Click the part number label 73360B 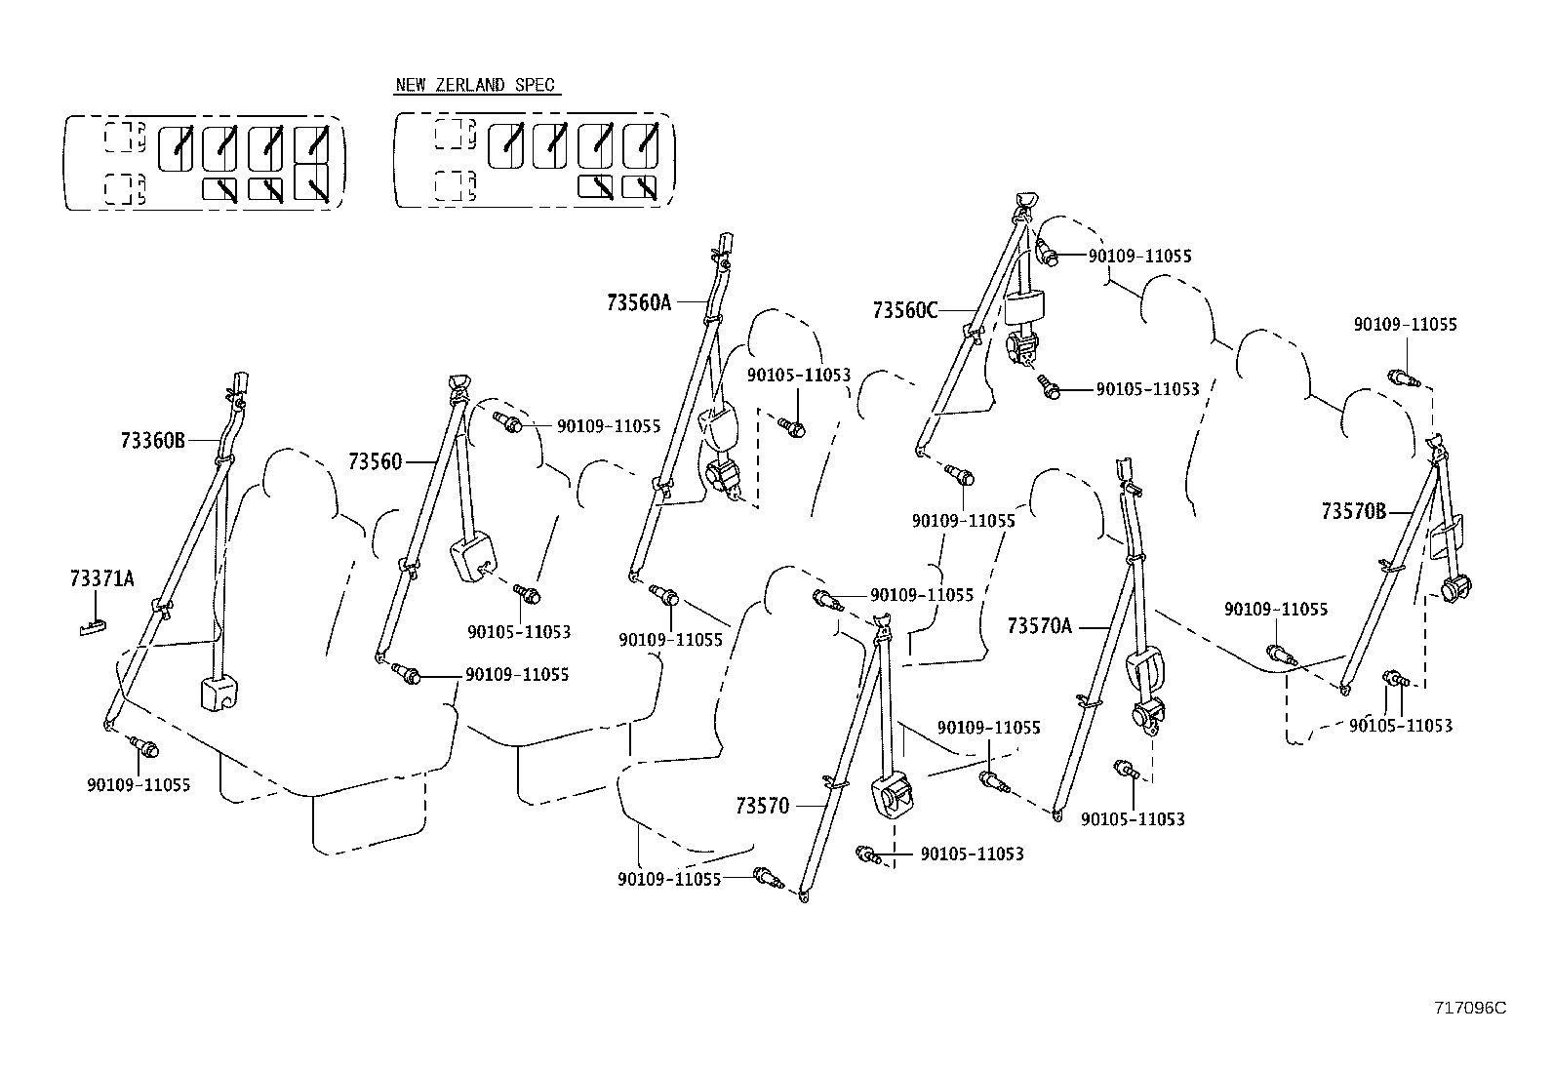[152, 440]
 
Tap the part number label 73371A [101, 579]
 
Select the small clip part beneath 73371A [91, 627]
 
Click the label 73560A [639, 302]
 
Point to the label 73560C [905, 310]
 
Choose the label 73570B [1353, 511]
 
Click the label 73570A [1039, 625]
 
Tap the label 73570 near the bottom [762, 806]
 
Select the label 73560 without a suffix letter [375, 461]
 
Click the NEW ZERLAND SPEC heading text [474, 85]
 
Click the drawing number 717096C [1470, 1008]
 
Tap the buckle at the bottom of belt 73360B [220, 692]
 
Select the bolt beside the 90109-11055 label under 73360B [147, 749]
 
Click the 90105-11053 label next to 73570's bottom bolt [972, 854]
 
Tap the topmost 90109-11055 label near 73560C [1139, 257]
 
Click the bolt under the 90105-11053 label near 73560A [793, 426]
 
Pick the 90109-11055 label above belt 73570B [1405, 325]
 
